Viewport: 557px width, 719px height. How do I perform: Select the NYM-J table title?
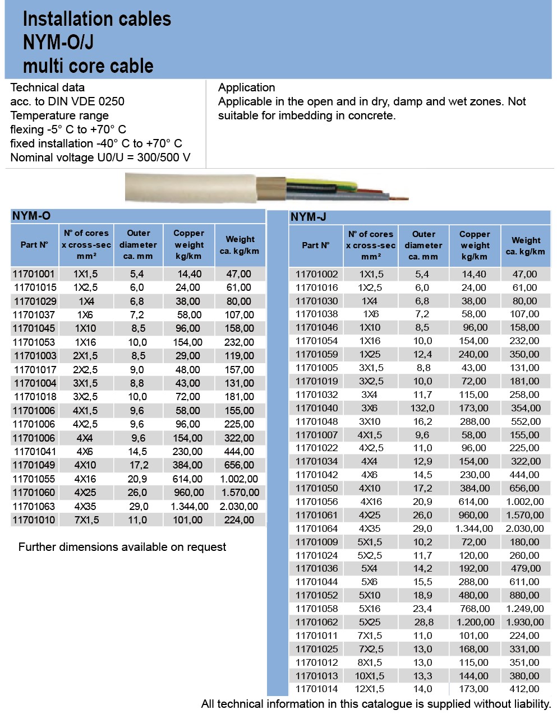click(x=308, y=217)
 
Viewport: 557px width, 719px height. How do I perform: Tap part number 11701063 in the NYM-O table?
click(x=34, y=506)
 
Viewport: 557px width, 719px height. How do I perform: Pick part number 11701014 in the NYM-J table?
click(x=316, y=689)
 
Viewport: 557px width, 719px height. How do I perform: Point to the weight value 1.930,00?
click(x=524, y=622)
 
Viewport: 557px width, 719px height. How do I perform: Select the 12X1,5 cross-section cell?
click(x=371, y=689)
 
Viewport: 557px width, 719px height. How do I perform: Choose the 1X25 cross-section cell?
click(x=371, y=354)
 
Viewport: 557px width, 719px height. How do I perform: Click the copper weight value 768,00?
click(x=473, y=609)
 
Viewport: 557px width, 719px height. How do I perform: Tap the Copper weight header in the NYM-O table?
click(x=188, y=245)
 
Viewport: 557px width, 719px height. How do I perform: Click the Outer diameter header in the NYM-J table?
click(x=423, y=245)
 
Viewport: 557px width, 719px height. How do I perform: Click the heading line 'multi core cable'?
click(x=88, y=66)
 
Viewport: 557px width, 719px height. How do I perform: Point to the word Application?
click(x=246, y=87)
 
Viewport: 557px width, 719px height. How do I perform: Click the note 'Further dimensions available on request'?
click(x=122, y=547)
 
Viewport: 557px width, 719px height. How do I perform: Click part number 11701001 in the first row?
click(x=34, y=274)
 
